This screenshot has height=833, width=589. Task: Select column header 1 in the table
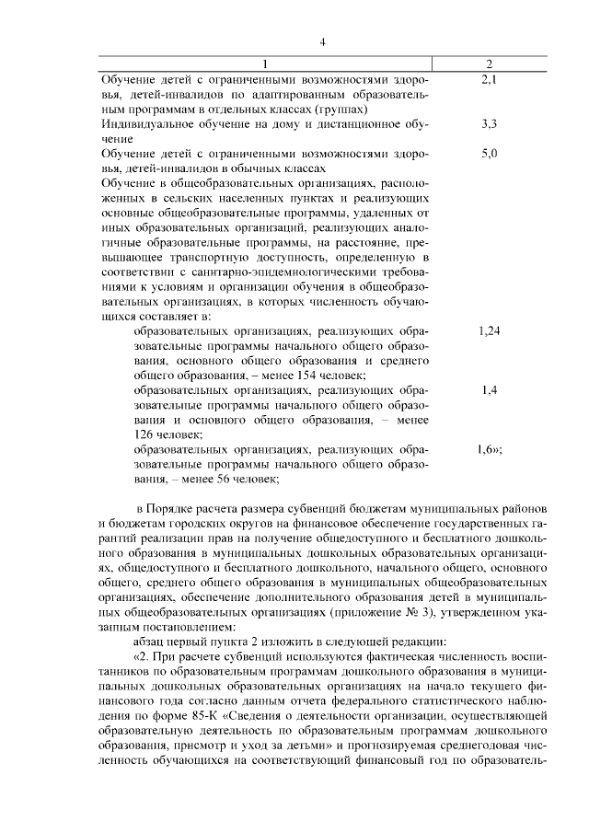click(x=267, y=64)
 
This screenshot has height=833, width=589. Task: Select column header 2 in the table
click(x=489, y=64)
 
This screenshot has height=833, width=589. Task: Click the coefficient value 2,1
click(x=489, y=80)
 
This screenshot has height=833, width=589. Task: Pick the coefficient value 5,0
click(x=489, y=153)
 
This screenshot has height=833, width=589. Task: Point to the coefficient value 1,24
click(x=489, y=331)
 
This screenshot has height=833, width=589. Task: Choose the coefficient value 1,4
click(x=489, y=390)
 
